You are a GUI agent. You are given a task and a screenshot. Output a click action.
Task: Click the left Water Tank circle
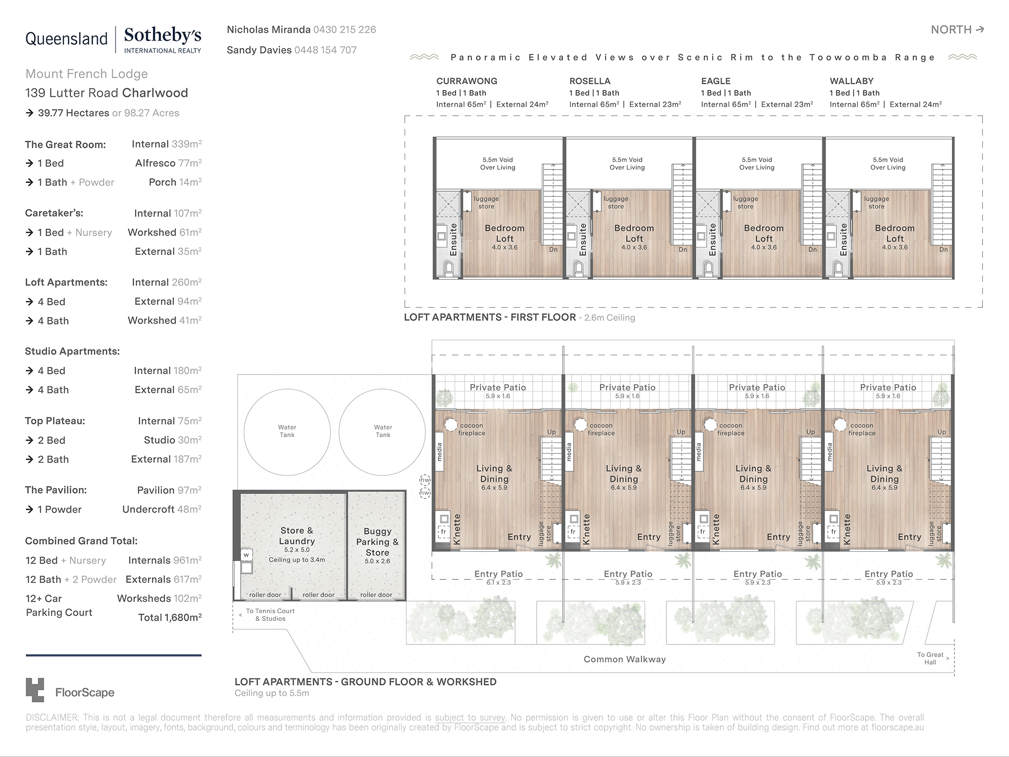[287, 431]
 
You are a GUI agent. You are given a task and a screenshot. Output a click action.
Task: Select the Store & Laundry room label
[297, 535]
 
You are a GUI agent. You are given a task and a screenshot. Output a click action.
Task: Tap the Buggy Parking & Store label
[377, 542]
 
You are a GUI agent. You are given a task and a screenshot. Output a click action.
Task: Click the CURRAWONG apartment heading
[467, 81]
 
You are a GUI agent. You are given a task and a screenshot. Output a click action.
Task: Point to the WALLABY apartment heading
[852, 81]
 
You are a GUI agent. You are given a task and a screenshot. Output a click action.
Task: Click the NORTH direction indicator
[957, 30]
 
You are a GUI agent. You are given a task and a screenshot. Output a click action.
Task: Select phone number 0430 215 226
[345, 30]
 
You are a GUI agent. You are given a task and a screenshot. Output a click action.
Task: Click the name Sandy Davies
[259, 50]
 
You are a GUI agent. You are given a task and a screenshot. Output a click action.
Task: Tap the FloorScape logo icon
[35, 689]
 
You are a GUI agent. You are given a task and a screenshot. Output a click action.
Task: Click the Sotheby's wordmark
[162, 36]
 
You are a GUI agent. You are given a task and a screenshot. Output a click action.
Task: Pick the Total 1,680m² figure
[170, 617]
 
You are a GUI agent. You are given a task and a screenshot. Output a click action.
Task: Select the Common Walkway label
[625, 659]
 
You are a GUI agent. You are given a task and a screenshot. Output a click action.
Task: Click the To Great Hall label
[930, 658]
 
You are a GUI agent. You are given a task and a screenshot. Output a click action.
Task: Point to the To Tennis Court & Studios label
[270, 615]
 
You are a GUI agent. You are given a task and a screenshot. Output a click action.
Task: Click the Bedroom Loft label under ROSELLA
[634, 233]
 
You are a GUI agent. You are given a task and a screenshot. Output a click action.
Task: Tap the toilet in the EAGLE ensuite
[708, 268]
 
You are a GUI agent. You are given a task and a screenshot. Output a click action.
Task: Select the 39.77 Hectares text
[74, 113]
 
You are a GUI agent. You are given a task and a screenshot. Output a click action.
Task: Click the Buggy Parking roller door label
[376, 594]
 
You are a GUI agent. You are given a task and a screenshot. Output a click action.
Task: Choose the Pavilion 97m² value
[169, 490]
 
